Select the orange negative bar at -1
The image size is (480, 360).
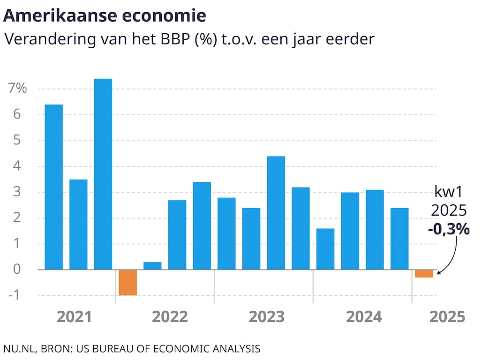[x=127, y=282]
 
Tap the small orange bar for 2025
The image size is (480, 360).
[x=424, y=274]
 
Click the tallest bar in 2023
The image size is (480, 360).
[x=276, y=213]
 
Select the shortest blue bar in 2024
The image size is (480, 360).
[x=325, y=249]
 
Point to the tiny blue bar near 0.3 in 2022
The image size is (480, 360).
[x=152, y=266]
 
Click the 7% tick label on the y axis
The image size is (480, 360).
[x=18, y=89]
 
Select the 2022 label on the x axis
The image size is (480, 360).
[x=170, y=317]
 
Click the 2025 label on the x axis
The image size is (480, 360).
[x=448, y=317]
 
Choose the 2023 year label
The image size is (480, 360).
[x=266, y=317]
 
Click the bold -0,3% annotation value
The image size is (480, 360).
[x=448, y=229]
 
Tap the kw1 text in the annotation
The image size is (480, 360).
[x=448, y=193]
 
